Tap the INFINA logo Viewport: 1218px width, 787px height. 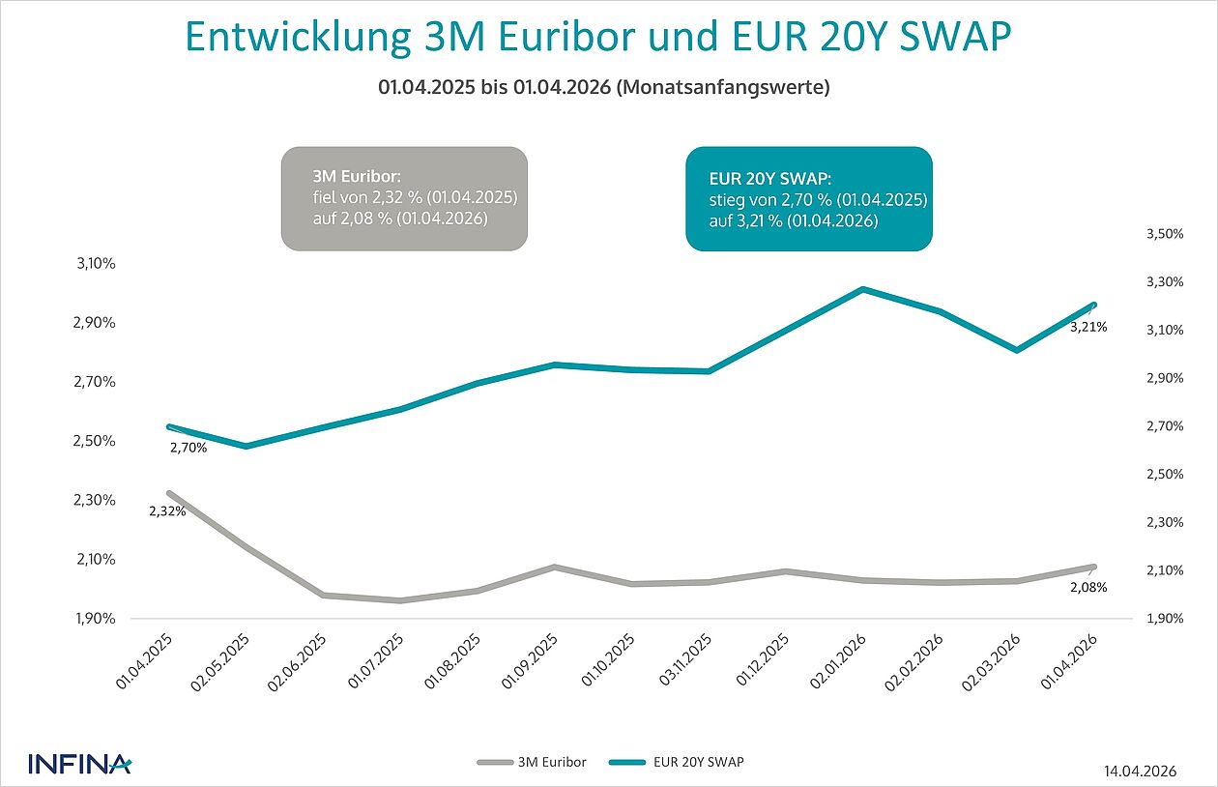pyautogui.click(x=79, y=763)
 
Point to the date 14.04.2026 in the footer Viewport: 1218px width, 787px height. pyautogui.click(x=1141, y=771)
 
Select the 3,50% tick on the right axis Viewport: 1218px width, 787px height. pyautogui.click(x=1165, y=234)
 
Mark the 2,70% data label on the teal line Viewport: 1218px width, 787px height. pyautogui.click(x=188, y=448)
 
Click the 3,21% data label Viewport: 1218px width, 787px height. pyautogui.click(x=1087, y=328)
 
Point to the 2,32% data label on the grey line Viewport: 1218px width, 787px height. pyautogui.click(x=167, y=511)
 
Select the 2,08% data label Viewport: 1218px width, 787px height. pyautogui.click(x=1087, y=586)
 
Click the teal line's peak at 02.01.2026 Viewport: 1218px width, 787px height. pyautogui.click(x=862, y=289)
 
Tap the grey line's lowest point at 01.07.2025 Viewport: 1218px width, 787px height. pyautogui.click(x=399, y=600)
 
